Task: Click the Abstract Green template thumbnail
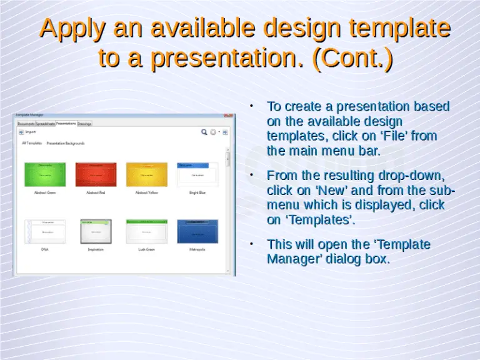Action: pos(44,174)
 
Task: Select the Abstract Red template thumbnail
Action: pos(96,174)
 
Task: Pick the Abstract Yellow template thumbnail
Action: pos(146,174)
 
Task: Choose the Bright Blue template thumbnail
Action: pos(197,174)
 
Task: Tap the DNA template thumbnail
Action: pos(44,231)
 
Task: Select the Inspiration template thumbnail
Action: pos(96,231)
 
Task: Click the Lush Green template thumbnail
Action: pos(146,231)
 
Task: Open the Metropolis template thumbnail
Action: pos(197,231)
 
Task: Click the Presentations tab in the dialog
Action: pos(66,123)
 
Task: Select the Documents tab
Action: pos(26,124)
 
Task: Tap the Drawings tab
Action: pos(84,124)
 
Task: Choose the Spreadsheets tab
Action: pos(45,124)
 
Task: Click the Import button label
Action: pos(31,132)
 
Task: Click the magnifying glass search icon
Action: pos(204,132)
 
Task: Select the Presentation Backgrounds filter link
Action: pos(65,143)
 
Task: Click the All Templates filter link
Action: pos(32,143)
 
